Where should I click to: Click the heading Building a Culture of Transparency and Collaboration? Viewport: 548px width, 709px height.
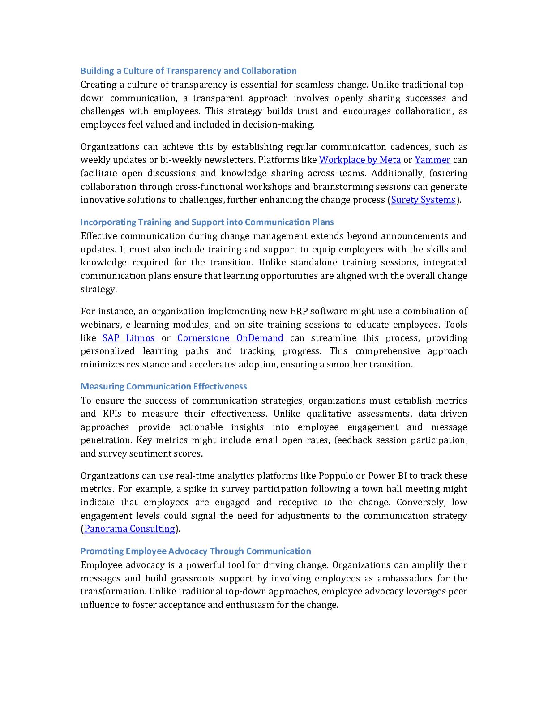point(188,71)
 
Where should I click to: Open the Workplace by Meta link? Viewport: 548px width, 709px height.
point(360,160)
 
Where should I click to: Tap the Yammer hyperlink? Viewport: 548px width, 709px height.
point(432,160)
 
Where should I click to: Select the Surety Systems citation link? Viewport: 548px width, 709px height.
point(423,200)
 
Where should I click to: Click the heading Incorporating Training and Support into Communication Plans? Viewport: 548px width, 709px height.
point(207,222)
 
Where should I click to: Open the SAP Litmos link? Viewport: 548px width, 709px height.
point(128,338)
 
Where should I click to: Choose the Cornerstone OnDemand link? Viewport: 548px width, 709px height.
point(230,338)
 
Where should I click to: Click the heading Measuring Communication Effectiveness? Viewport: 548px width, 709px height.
point(163,386)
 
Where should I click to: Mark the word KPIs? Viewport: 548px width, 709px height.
point(112,414)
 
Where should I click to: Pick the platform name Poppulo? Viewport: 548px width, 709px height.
point(336,476)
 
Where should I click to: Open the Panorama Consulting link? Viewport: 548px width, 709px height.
point(129,529)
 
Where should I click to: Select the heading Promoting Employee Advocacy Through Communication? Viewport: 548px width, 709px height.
point(196,551)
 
